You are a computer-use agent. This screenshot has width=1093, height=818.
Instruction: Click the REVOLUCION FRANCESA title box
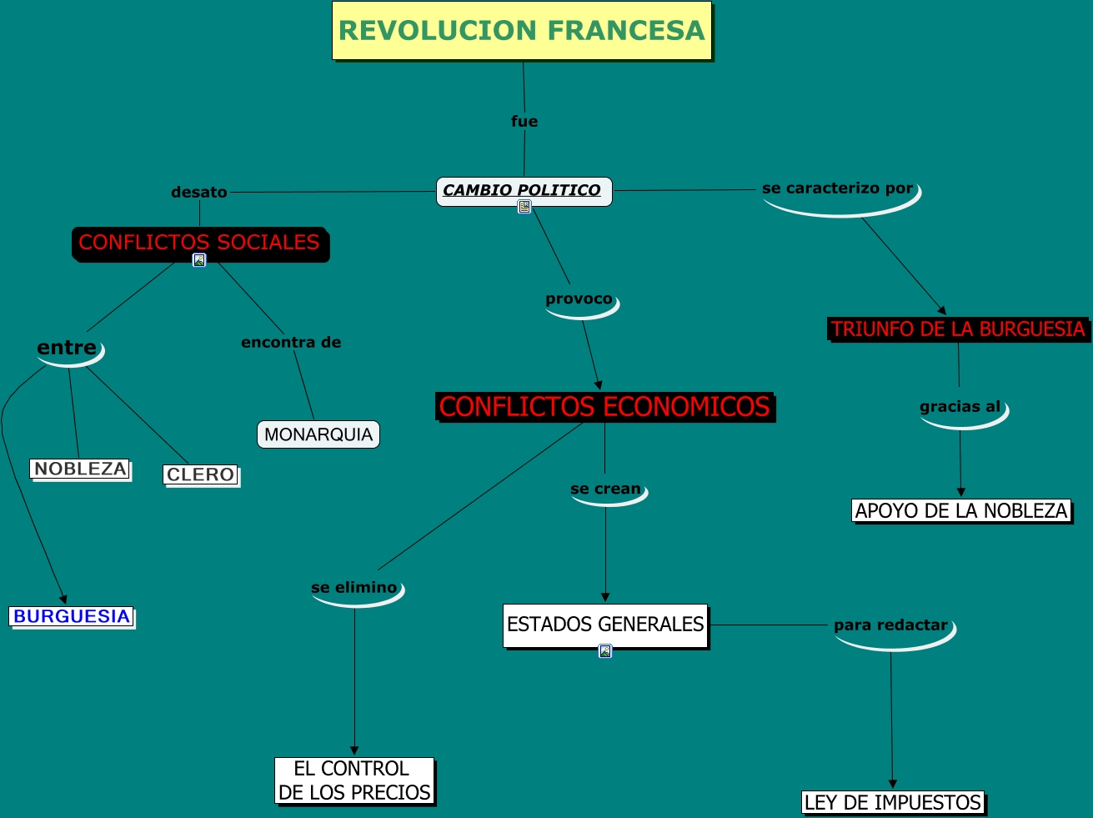point(522,31)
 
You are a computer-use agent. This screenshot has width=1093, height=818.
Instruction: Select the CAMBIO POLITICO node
point(524,191)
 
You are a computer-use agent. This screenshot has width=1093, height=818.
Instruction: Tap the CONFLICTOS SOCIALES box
point(200,243)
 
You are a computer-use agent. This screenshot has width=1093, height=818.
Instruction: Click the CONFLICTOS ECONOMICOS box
point(604,407)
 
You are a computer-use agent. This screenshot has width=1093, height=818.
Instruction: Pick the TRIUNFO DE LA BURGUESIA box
point(958,329)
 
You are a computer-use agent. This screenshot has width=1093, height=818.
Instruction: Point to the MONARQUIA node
point(318,434)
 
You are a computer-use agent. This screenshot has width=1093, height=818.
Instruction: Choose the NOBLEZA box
point(81,469)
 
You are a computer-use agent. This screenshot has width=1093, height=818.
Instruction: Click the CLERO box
point(201,475)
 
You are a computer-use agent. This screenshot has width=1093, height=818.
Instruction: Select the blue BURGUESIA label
point(72,617)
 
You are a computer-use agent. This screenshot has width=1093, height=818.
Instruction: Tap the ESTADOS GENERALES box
point(605,625)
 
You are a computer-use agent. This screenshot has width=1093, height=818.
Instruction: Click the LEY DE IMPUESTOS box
point(893,803)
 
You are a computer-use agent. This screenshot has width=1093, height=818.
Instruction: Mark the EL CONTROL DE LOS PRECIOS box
point(354,780)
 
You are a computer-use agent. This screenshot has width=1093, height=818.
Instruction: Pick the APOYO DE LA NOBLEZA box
point(961,511)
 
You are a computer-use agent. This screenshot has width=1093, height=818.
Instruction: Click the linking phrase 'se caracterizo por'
point(838,189)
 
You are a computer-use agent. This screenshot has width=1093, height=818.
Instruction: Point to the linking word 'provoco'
point(579,299)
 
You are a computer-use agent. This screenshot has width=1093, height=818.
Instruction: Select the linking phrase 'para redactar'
point(890,625)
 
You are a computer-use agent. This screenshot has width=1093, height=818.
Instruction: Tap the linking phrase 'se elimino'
point(354,588)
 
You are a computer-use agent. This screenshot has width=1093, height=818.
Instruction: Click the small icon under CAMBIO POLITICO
point(524,208)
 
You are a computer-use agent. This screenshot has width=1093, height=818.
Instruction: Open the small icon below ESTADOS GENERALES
point(605,651)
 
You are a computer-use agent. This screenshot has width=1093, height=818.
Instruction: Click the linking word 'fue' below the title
point(524,122)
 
